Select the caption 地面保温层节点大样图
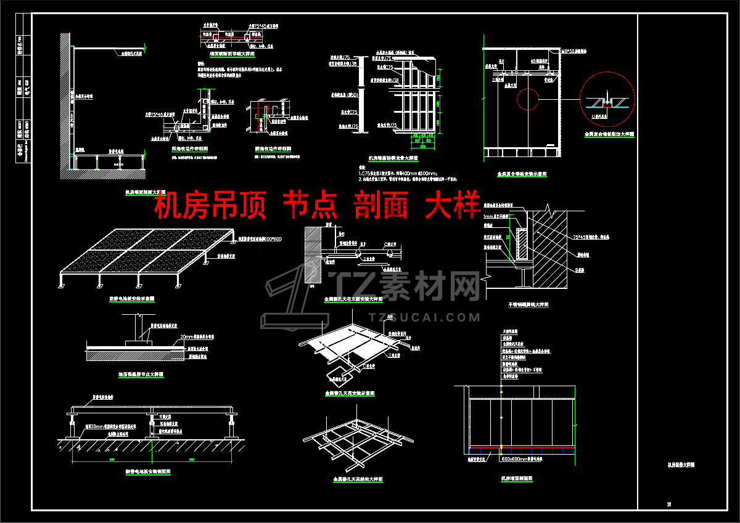point(141,374)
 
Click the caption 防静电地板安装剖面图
point(148,471)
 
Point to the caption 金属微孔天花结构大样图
point(358,478)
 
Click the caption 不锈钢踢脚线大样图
point(528,304)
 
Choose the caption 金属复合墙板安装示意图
point(522,174)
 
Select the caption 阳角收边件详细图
point(189,149)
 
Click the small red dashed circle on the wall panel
point(527,99)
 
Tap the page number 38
point(668,505)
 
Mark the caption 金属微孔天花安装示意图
point(349,393)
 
